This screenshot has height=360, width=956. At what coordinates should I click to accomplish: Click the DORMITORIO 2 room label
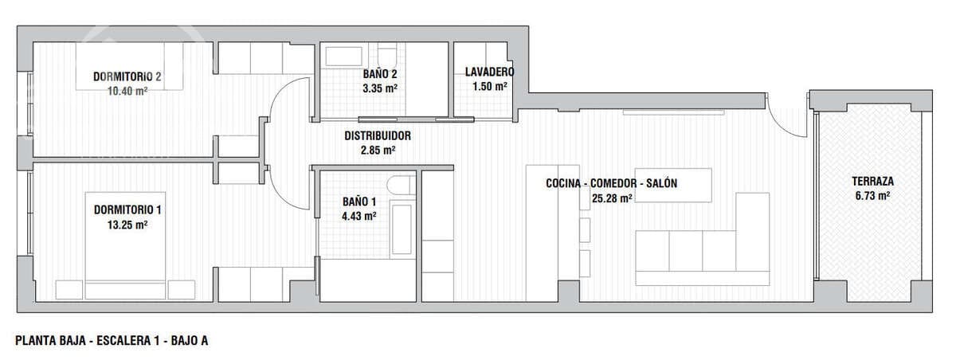click(x=127, y=77)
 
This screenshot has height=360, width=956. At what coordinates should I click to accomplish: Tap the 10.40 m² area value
click(x=127, y=91)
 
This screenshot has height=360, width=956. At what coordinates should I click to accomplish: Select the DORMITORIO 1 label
click(x=127, y=210)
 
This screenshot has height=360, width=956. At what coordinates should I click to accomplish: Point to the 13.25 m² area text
click(x=127, y=225)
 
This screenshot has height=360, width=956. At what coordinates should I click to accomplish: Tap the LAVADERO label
click(x=489, y=72)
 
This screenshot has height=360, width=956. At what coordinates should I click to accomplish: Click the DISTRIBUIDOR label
click(x=378, y=135)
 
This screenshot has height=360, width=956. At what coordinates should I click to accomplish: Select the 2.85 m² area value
click(x=378, y=150)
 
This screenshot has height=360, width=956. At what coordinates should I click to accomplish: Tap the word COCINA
click(x=563, y=183)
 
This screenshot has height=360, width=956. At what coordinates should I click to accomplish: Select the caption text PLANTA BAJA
click(x=49, y=341)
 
